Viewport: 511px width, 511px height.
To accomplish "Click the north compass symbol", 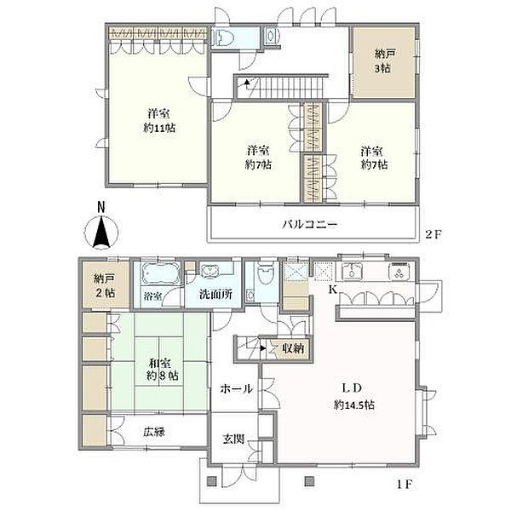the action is pyautogui.click(x=101, y=228).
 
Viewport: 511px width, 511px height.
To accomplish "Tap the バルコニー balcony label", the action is pyautogui.click(x=310, y=225).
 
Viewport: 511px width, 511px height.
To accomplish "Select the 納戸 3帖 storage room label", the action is pyautogui.click(x=384, y=61).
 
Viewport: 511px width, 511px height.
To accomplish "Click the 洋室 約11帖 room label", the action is pyautogui.click(x=159, y=121).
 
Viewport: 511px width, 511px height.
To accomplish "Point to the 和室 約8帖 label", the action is pyautogui.click(x=163, y=370).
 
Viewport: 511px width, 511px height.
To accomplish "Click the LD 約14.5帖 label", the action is pyautogui.click(x=354, y=396).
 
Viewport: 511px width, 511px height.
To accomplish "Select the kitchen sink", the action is pyautogui.click(x=352, y=271).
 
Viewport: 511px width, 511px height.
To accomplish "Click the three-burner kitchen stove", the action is pyautogui.click(x=400, y=271).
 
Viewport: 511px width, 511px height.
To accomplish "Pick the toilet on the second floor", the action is pyautogui.click(x=223, y=37).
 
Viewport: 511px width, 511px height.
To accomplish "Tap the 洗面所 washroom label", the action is pyautogui.click(x=216, y=295).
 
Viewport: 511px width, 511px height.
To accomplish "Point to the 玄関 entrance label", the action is pyautogui.click(x=233, y=439).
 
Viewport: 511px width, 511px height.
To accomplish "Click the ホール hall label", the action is pyautogui.click(x=236, y=388).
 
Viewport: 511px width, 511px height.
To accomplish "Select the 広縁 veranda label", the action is pyautogui.click(x=154, y=432).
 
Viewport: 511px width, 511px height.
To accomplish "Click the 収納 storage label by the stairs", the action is pyautogui.click(x=293, y=348).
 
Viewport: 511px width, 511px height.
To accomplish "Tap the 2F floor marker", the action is pyautogui.click(x=433, y=234).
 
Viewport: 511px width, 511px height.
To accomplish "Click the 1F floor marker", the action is pyautogui.click(x=405, y=485).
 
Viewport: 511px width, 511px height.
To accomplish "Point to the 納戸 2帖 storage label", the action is pyautogui.click(x=105, y=285).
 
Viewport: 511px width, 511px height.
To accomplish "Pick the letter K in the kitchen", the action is pyautogui.click(x=332, y=289).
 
